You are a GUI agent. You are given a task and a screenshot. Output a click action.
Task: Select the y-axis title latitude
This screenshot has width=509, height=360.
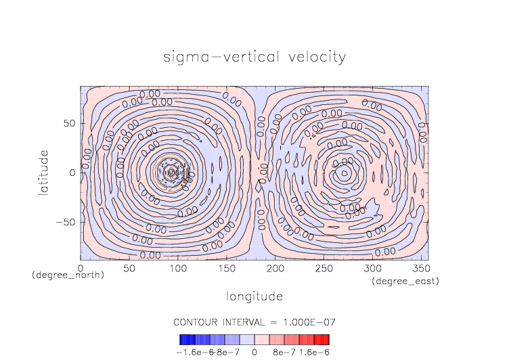[43, 173]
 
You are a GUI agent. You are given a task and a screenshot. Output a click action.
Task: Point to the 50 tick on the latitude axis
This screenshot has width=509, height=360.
[69, 123]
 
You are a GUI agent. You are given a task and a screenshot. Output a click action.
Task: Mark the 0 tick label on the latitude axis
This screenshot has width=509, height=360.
[72, 173]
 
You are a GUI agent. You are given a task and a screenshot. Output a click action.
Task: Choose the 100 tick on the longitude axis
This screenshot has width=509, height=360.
[178, 269]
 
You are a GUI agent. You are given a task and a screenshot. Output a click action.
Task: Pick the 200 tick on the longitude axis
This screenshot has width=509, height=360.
[275, 269]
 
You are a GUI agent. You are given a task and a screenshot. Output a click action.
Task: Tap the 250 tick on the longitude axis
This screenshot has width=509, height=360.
[324, 269]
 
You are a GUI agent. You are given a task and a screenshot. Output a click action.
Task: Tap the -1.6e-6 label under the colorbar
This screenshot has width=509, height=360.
[192, 352]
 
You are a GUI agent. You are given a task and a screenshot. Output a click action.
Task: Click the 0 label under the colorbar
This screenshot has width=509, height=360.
[255, 352]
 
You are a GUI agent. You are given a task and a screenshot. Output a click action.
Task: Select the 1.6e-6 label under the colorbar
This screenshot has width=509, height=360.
[314, 352]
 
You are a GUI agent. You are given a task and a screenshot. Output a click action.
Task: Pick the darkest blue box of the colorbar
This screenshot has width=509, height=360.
[183, 340]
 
